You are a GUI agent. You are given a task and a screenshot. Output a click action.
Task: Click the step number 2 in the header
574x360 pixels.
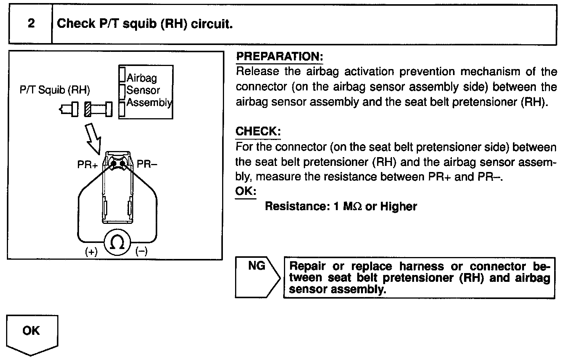pos(31,24)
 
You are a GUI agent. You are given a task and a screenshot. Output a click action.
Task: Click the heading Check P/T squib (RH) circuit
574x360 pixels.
pos(145,24)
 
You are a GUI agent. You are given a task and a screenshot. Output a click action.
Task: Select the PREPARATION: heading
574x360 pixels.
pos(279,56)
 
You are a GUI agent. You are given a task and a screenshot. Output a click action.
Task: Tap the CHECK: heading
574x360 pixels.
pos(258,132)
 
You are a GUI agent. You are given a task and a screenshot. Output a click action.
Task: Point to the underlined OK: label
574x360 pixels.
pos(245,191)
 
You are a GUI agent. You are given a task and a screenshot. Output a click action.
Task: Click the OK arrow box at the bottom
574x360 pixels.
pos(32,331)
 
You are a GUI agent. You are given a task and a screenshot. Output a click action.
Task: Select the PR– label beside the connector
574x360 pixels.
pos(147,164)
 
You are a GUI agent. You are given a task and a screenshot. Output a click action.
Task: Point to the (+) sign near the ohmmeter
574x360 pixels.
pos(91,252)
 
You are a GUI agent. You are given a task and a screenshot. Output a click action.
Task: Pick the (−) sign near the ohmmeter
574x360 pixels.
pos(142,252)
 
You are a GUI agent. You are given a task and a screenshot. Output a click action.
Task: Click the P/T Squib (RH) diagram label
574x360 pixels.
pos(55,90)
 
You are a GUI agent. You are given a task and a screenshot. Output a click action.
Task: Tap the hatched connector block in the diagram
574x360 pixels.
pos(87,109)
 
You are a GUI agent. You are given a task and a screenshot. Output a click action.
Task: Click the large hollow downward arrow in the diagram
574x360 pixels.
pos(93,138)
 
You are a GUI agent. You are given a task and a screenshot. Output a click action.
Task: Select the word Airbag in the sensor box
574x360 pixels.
pos(142,78)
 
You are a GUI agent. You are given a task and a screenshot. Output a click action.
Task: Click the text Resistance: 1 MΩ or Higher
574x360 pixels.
pos(341,206)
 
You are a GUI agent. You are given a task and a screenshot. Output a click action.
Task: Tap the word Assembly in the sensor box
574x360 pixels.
pos(149,103)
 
